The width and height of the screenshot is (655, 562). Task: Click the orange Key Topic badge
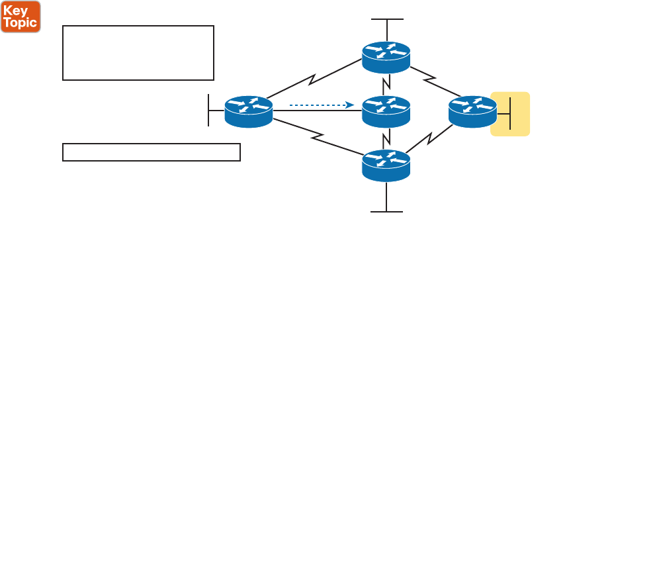(x=21, y=17)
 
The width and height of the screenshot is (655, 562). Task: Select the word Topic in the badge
(x=21, y=23)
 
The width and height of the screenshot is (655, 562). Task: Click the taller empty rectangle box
(x=138, y=53)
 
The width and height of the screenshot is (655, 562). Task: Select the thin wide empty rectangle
(x=151, y=152)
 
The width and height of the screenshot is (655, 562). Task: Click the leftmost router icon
(x=249, y=111)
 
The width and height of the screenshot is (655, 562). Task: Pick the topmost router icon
(x=386, y=57)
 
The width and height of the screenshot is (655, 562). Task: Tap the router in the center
(x=386, y=111)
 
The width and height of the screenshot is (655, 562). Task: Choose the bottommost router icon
(x=386, y=165)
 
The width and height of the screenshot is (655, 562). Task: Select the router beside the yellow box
(x=472, y=111)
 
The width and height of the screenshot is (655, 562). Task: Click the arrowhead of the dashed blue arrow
(x=351, y=105)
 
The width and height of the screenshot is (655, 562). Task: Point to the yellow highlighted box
(x=510, y=114)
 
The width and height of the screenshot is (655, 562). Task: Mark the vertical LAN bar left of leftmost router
(x=208, y=110)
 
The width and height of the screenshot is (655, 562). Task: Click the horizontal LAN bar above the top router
(x=387, y=20)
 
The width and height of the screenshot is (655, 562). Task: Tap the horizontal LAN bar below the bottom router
(x=386, y=212)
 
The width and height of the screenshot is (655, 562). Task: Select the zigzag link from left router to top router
(x=313, y=81)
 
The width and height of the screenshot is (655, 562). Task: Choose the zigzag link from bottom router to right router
(x=430, y=139)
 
